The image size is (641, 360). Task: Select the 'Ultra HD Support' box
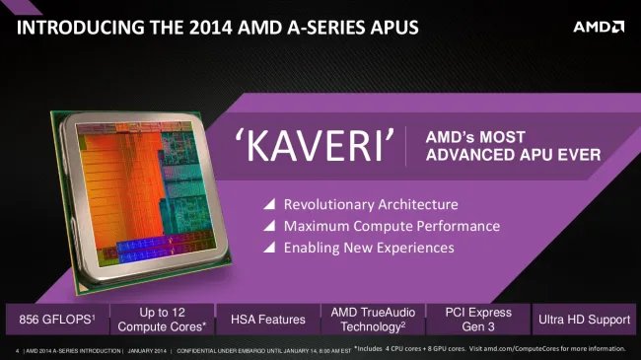584,319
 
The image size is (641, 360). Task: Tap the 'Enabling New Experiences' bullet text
368,249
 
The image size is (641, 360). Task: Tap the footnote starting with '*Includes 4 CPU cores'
489,348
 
